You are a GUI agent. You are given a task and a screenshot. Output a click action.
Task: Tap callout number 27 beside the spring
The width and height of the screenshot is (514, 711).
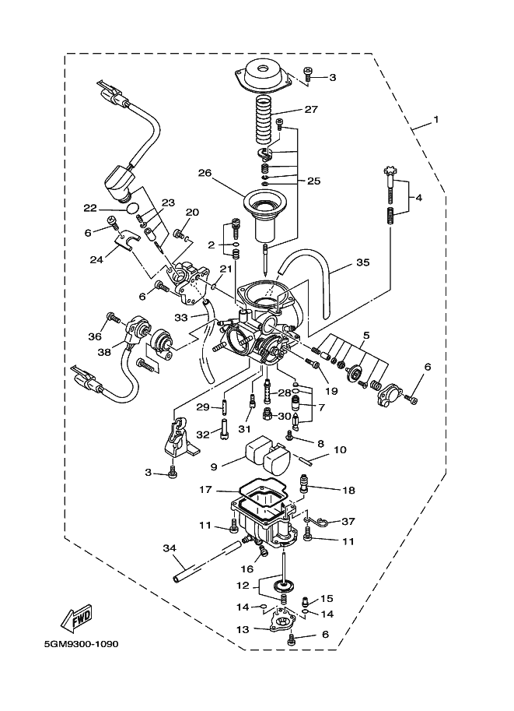click(x=310, y=110)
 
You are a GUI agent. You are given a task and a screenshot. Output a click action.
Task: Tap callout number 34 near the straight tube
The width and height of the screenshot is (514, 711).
click(x=170, y=550)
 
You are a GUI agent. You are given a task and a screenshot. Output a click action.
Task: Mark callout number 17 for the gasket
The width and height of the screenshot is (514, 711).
click(x=205, y=491)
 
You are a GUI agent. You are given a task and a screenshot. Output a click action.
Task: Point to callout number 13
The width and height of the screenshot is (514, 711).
click(x=243, y=628)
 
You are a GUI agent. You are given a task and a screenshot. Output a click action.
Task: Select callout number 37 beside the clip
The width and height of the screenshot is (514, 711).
click(x=348, y=522)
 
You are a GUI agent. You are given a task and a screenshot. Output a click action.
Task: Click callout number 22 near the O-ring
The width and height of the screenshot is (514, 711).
click(x=91, y=207)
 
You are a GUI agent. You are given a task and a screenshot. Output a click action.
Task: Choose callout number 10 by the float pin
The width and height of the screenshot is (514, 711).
click(x=340, y=450)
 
